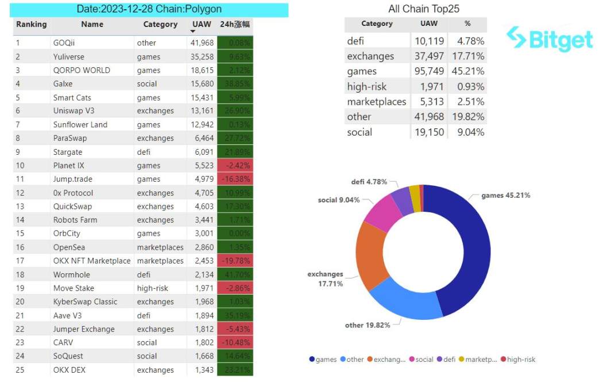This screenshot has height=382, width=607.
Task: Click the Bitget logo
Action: point(550,40)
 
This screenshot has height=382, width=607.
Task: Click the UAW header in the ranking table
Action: point(202,24)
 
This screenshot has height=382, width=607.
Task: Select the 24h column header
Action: point(235,24)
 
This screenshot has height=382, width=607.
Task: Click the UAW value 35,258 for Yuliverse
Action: point(201,56)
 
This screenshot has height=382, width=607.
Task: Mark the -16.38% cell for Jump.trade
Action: point(235,179)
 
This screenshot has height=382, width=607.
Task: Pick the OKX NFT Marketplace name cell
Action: point(92,261)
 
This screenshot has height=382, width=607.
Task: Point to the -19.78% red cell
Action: point(235,261)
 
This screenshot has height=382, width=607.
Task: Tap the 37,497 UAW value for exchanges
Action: point(428,56)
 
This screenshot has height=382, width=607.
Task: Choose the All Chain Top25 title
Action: point(424,9)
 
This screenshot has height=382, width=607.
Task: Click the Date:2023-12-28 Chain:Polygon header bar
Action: point(149,10)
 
